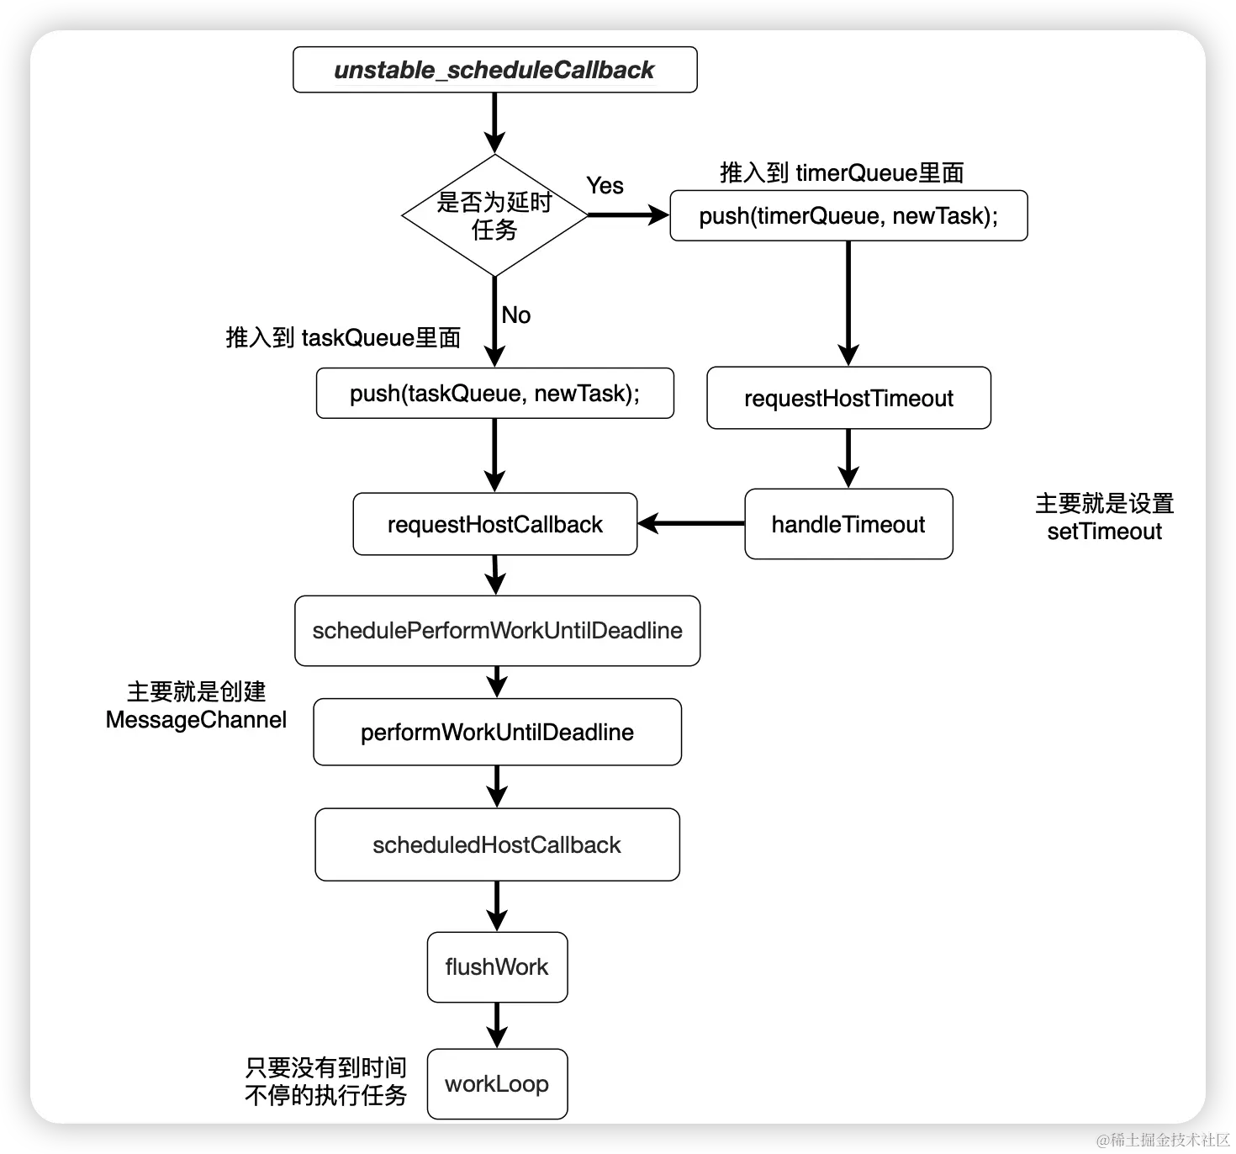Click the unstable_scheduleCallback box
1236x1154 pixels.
pos(494,70)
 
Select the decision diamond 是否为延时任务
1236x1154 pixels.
pos(494,215)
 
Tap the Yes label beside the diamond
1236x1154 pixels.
pos(605,186)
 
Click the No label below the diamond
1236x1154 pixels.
pos(515,315)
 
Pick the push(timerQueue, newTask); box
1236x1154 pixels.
pos(848,216)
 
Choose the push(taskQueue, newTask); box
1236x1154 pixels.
pos(494,394)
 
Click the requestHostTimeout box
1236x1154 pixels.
pos(848,398)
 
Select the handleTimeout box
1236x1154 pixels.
pos(848,524)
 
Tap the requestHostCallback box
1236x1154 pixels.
pos(494,524)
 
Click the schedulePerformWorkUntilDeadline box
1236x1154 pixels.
pos(497,631)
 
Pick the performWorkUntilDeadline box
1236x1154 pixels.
pos(497,732)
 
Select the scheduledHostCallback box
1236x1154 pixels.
pos(497,844)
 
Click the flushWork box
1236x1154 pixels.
pos(497,967)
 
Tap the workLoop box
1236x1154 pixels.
pos(497,1084)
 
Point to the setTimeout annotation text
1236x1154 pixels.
pos(1104,532)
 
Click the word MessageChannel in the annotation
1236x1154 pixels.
pos(196,720)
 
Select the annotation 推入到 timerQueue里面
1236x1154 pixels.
pos(842,173)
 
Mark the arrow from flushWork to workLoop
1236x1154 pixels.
pos(497,1024)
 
